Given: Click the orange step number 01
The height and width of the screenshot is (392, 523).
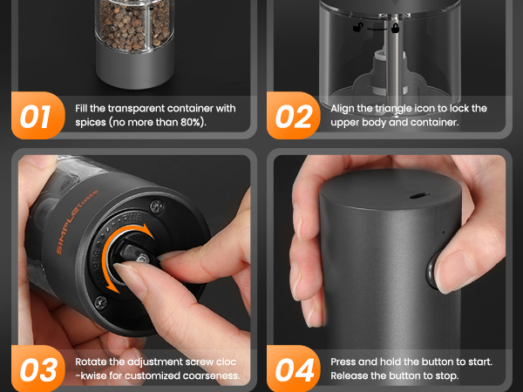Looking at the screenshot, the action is click(x=36, y=117).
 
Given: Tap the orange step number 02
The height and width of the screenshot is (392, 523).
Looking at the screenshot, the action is click(x=294, y=117).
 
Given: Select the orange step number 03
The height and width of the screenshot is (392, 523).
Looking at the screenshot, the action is click(x=38, y=369).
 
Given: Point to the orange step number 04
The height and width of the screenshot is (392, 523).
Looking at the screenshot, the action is click(x=295, y=369).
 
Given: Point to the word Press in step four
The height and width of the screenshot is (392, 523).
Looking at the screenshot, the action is click(x=343, y=362).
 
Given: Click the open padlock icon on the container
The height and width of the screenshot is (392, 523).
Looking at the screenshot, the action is click(x=358, y=27).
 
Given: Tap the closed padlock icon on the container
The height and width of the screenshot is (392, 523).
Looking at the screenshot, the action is click(x=395, y=28).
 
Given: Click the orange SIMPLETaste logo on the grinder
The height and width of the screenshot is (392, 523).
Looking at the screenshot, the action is click(x=77, y=221).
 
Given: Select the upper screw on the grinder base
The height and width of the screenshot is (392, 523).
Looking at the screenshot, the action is click(x=156, y=206).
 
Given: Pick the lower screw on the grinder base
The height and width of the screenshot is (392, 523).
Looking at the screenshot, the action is click(x=101, y=302).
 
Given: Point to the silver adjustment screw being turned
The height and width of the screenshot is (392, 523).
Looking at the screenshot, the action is click(x=143, y=259).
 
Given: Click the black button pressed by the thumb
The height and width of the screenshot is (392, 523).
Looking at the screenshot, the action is click(x=432, y=269).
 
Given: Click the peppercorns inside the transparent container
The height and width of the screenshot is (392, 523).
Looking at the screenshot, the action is click(x=134, y=25).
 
